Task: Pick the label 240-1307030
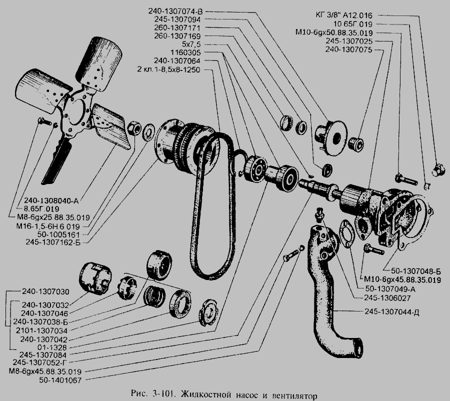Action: pyautogui.click(x=45, y=292)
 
